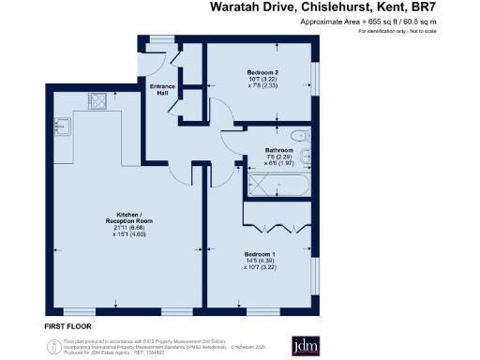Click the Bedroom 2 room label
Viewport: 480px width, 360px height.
click(x=261, y=72)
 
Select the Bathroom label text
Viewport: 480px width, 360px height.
click(x=278, y=150)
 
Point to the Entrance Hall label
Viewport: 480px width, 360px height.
click(x=164, y=89)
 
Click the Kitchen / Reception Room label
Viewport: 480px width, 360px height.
click(x=127, y=221)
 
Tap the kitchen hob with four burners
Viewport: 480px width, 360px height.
click(x=98, y=101)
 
